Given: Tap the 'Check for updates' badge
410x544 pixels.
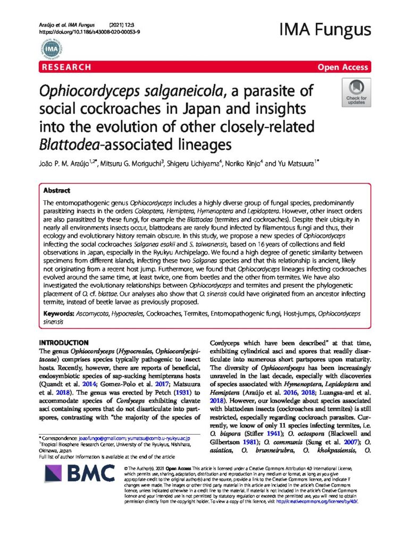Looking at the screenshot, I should pyautogui.click(x=356, y=93).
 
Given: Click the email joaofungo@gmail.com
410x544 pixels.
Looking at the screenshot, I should pyautogui.click(x=101, y=436).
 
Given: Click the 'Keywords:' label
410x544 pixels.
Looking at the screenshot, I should pyautogui.click(x=58, y=313).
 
